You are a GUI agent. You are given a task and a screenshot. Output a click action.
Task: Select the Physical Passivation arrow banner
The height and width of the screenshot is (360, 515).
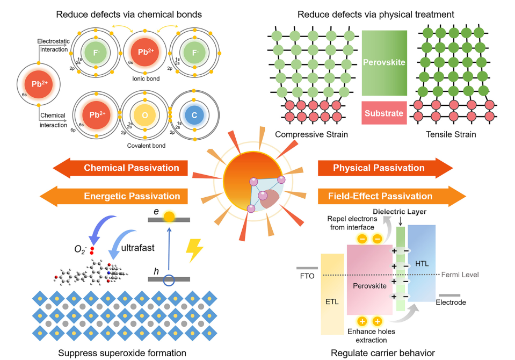tap(384, 168)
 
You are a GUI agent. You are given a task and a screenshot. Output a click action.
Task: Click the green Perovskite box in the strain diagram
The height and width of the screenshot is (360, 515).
tap(384, 63)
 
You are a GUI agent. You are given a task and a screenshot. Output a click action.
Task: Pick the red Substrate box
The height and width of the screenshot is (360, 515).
tap(384, 113)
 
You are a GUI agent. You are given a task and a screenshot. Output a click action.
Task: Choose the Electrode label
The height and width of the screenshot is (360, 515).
tap(451, 303)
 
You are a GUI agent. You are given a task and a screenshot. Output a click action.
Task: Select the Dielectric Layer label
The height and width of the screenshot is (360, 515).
tap(401, 212)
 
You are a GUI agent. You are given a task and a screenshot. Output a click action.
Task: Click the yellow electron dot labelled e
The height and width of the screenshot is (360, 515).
tap(169, 217)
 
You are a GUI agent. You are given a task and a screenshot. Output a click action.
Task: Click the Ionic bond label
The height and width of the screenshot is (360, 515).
tap(143, 79)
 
